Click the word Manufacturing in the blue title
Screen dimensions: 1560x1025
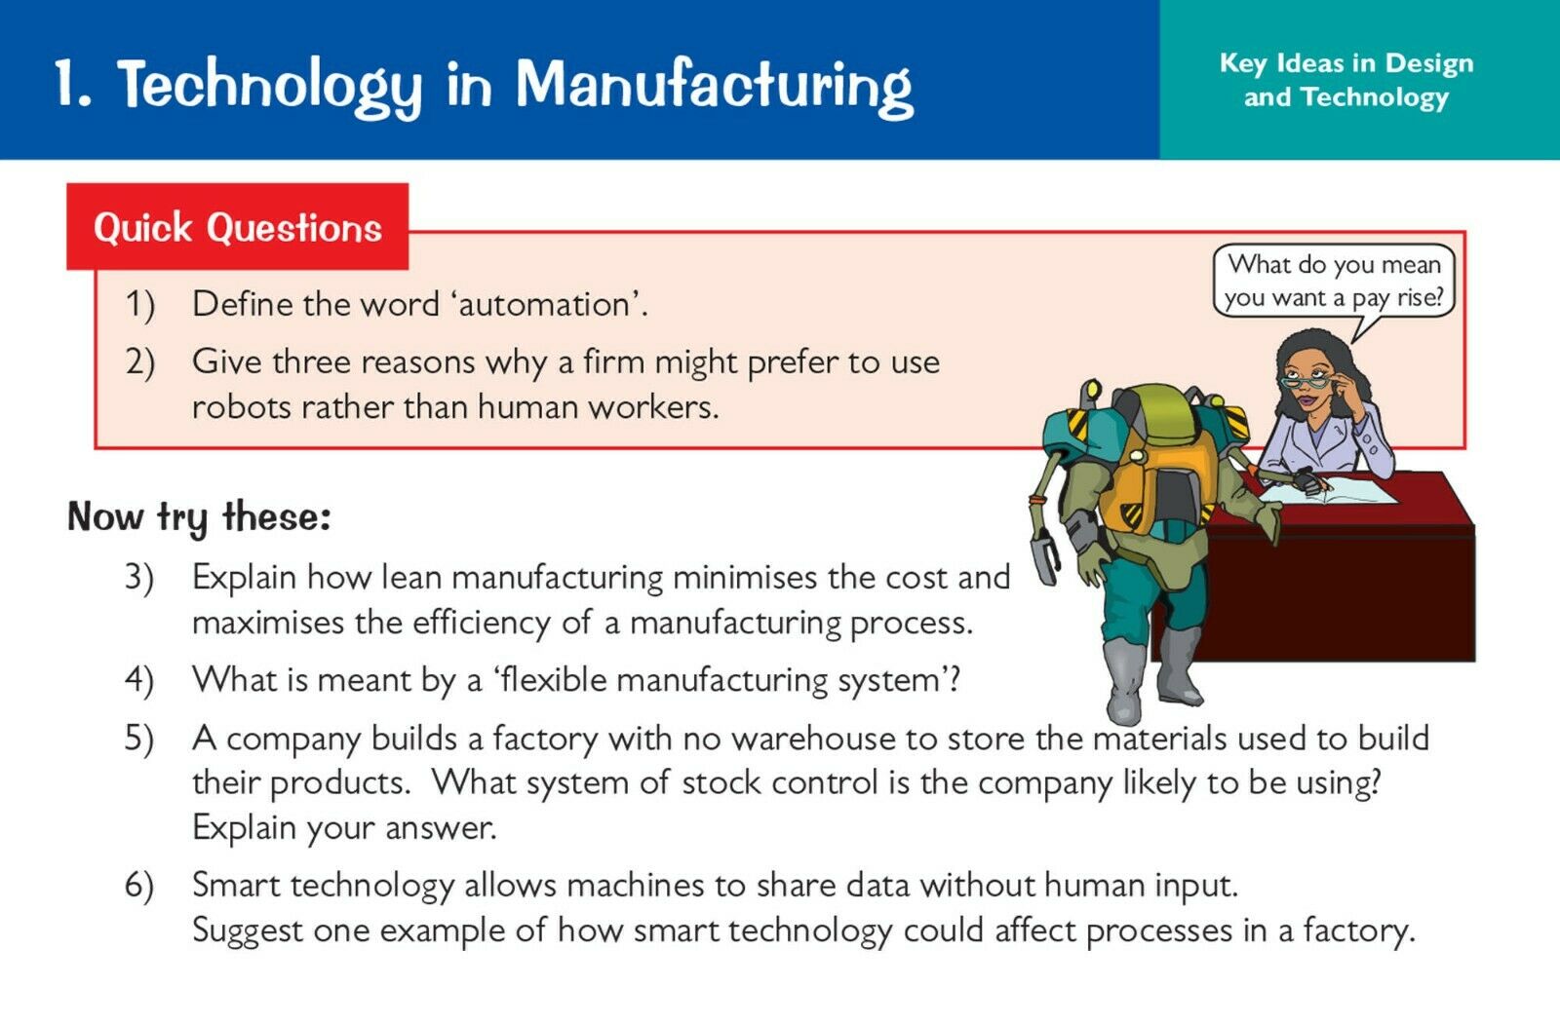714,87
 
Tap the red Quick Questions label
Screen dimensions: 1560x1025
238,227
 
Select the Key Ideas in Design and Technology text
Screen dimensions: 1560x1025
1346,80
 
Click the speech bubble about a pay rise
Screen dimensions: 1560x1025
1334,281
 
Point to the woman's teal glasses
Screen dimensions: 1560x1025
1306,381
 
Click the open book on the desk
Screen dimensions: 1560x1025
1327,491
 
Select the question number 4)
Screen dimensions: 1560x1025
139,680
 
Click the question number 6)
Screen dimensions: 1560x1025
139,885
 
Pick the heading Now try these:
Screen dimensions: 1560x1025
199,517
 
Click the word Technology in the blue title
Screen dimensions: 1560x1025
270,87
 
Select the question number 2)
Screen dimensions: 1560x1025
139,361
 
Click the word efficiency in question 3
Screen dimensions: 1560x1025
482,623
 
